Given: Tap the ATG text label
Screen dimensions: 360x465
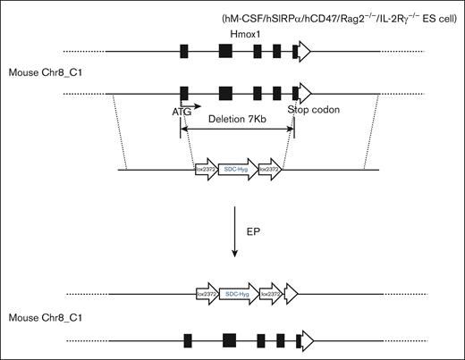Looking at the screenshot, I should [x=182, y=112].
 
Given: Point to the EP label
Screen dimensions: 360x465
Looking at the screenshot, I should [x=253, y=230].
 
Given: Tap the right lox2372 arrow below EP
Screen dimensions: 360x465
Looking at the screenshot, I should [x=271, y=292].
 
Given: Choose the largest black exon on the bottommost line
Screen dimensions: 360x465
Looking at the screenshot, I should [x=229, y=339].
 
